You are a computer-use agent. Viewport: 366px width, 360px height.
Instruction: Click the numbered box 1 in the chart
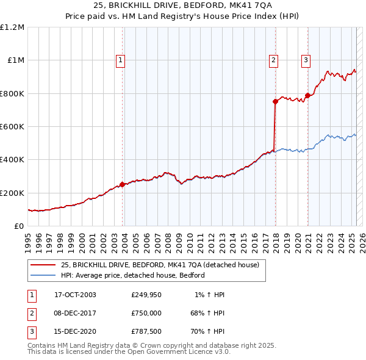point(121,60)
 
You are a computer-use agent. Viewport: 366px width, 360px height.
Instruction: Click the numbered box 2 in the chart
point(274,60)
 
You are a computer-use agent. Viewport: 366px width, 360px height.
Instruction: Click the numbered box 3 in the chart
point(306,60)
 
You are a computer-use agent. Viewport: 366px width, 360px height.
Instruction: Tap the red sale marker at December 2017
point(276,102)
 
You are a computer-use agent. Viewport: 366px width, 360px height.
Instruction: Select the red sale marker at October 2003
point(123,184)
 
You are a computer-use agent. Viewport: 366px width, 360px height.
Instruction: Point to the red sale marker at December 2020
point(308,95)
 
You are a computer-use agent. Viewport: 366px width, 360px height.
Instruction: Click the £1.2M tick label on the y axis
point(12,27)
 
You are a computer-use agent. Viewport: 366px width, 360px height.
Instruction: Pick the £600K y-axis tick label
point(12,127)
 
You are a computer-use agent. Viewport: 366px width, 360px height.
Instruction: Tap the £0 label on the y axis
point(19,226)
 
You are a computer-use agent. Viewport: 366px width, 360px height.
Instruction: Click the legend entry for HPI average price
point(132,275)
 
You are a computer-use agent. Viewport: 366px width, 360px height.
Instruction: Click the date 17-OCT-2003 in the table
point(76,295)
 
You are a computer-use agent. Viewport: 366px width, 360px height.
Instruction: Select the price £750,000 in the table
point(146,314)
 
